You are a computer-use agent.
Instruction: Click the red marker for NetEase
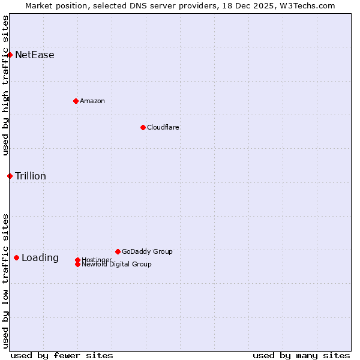[10, 55]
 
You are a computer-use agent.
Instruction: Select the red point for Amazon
[76, 101]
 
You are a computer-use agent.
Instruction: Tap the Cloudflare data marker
[143, 127]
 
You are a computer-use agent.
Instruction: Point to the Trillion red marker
[10, 176]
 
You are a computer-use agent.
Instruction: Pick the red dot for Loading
[16, 257]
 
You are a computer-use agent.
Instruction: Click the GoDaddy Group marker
[118, 251]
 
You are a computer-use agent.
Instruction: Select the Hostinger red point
[77, 260]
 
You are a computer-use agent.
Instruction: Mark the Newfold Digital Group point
[77, 264]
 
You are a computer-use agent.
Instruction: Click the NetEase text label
[35, 55]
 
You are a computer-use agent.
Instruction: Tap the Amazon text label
[92, 101]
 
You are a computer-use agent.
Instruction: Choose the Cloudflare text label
[163, 127]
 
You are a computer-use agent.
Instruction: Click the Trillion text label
[31, 176]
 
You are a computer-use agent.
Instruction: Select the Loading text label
[40, 258]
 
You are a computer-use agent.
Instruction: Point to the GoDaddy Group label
[147, 251]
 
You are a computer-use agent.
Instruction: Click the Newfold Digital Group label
[116, 265]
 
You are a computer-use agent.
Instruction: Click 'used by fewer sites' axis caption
[62, 355]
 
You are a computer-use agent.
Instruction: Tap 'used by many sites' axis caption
[301, 355]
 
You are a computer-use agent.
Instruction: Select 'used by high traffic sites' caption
[5, 85]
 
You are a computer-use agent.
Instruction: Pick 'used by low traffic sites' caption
[5, 281]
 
